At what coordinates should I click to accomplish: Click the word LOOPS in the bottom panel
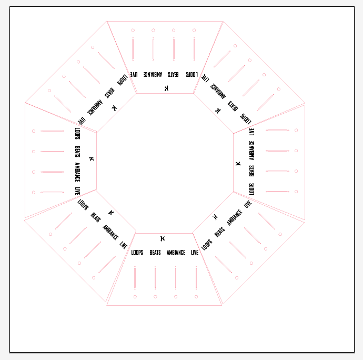click(137, 252)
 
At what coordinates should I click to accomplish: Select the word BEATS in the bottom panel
click(155, 252)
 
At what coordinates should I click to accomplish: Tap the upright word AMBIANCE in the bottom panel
click(176, 252)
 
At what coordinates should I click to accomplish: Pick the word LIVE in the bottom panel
click(195, 252)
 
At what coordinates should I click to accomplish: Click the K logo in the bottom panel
click(163, 238)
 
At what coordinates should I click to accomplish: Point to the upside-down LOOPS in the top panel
click(192, 74)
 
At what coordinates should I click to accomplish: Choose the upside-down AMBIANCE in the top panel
click(153, 74)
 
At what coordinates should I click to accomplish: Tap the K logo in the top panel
click(166, 88)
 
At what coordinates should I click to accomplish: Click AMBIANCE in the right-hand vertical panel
click(252, 151)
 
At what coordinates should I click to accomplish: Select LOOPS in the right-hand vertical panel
click(252, 189)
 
